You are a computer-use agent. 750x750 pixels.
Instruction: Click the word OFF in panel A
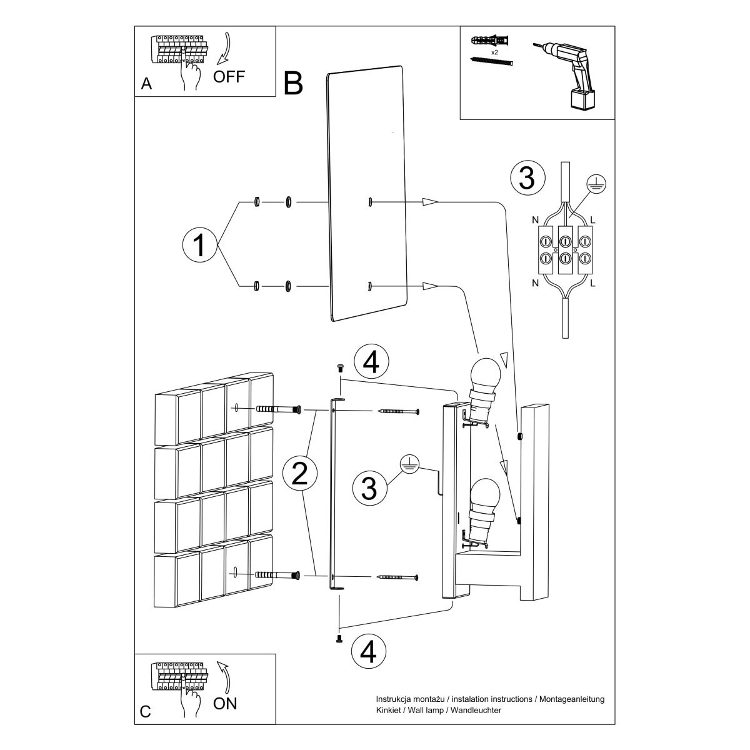(x=229, y=77)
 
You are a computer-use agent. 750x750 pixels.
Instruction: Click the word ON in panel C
(x=225, y=703)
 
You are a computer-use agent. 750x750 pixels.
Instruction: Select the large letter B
(x=293, y=83)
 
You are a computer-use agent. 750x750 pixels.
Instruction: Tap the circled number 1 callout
(x=199, y=244)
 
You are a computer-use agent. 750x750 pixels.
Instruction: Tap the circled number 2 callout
(x=299, y=475)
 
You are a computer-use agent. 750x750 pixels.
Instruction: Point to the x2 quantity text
(x=494, y=52)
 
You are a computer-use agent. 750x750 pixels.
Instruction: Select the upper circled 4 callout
(x=371, y=362)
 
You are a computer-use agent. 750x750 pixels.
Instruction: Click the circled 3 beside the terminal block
(x=527, y=178)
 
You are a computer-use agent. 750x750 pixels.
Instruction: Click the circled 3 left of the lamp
(x=369, y=488)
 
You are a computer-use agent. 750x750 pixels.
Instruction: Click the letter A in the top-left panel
(x=146, y=84)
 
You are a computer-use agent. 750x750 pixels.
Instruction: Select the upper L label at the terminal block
(x=593, y=220)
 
